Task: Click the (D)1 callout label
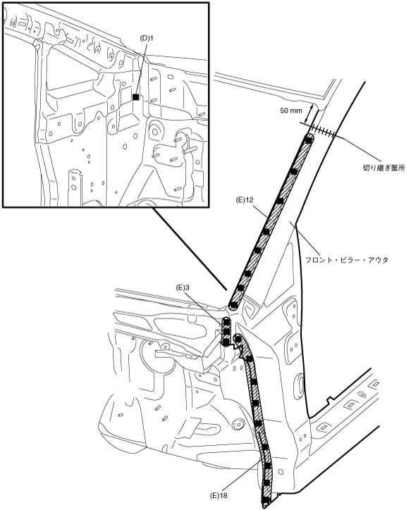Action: [x=147, y=38]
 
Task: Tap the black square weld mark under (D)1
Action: [x=136, y=97]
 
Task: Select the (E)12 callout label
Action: [x=244, y=200]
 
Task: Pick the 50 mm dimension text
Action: [x=291, y=111]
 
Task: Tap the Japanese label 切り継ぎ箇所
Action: [x=384, y=168]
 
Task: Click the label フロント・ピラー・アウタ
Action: [x=347, y=260]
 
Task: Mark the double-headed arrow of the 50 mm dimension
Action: [x=311, y=114]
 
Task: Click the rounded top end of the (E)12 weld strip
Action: [x=309, y=138]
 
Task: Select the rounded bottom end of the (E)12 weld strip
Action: [x=233, y=306]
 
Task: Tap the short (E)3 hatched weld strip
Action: [x=226, y=332]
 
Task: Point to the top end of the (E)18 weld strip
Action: [x=238, y=338]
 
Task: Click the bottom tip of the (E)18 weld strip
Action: [x=265, y=504]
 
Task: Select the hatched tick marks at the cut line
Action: [x=322, y=130]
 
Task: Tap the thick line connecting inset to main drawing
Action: [x=190, y=248]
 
